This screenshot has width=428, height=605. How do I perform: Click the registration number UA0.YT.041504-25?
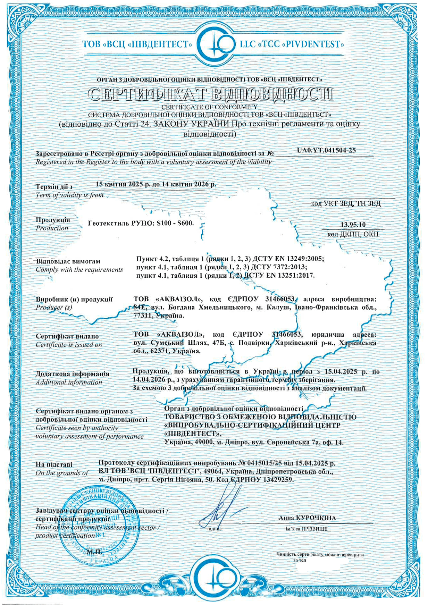326,150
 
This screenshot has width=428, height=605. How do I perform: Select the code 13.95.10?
353,225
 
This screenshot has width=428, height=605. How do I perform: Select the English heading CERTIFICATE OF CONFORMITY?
209,107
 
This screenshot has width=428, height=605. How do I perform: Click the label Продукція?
53,220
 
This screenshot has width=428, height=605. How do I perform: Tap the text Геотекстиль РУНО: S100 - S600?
141,223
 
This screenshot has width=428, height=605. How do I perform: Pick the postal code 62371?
160,351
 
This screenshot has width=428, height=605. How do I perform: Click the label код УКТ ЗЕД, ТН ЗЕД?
346,203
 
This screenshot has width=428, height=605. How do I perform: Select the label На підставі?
54,464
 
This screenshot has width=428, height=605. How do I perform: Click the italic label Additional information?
69,382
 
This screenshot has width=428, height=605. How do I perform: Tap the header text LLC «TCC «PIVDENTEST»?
292,44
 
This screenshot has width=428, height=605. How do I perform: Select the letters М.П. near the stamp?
94,551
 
